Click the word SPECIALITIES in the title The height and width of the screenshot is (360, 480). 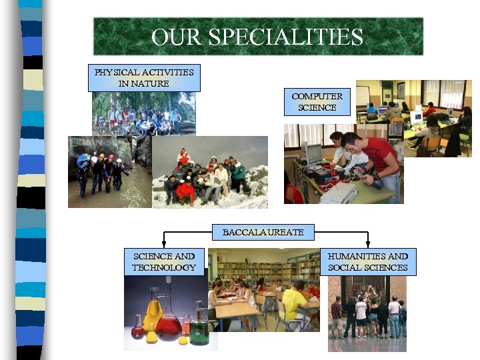[x=286, y=37]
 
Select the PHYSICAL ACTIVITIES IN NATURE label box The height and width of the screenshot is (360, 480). [x=144, y=77]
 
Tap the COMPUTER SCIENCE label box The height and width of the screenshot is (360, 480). [x=317, y=101]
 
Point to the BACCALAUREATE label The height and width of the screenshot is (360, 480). [x=263, y=233]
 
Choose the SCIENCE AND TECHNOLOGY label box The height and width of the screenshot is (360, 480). [x=163, y=261]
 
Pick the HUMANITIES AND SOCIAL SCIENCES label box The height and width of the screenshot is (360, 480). [x=367, y=261]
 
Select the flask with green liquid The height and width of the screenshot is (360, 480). [x=199, y=329]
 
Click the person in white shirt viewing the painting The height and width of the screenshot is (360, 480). [x=361, y=313]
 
